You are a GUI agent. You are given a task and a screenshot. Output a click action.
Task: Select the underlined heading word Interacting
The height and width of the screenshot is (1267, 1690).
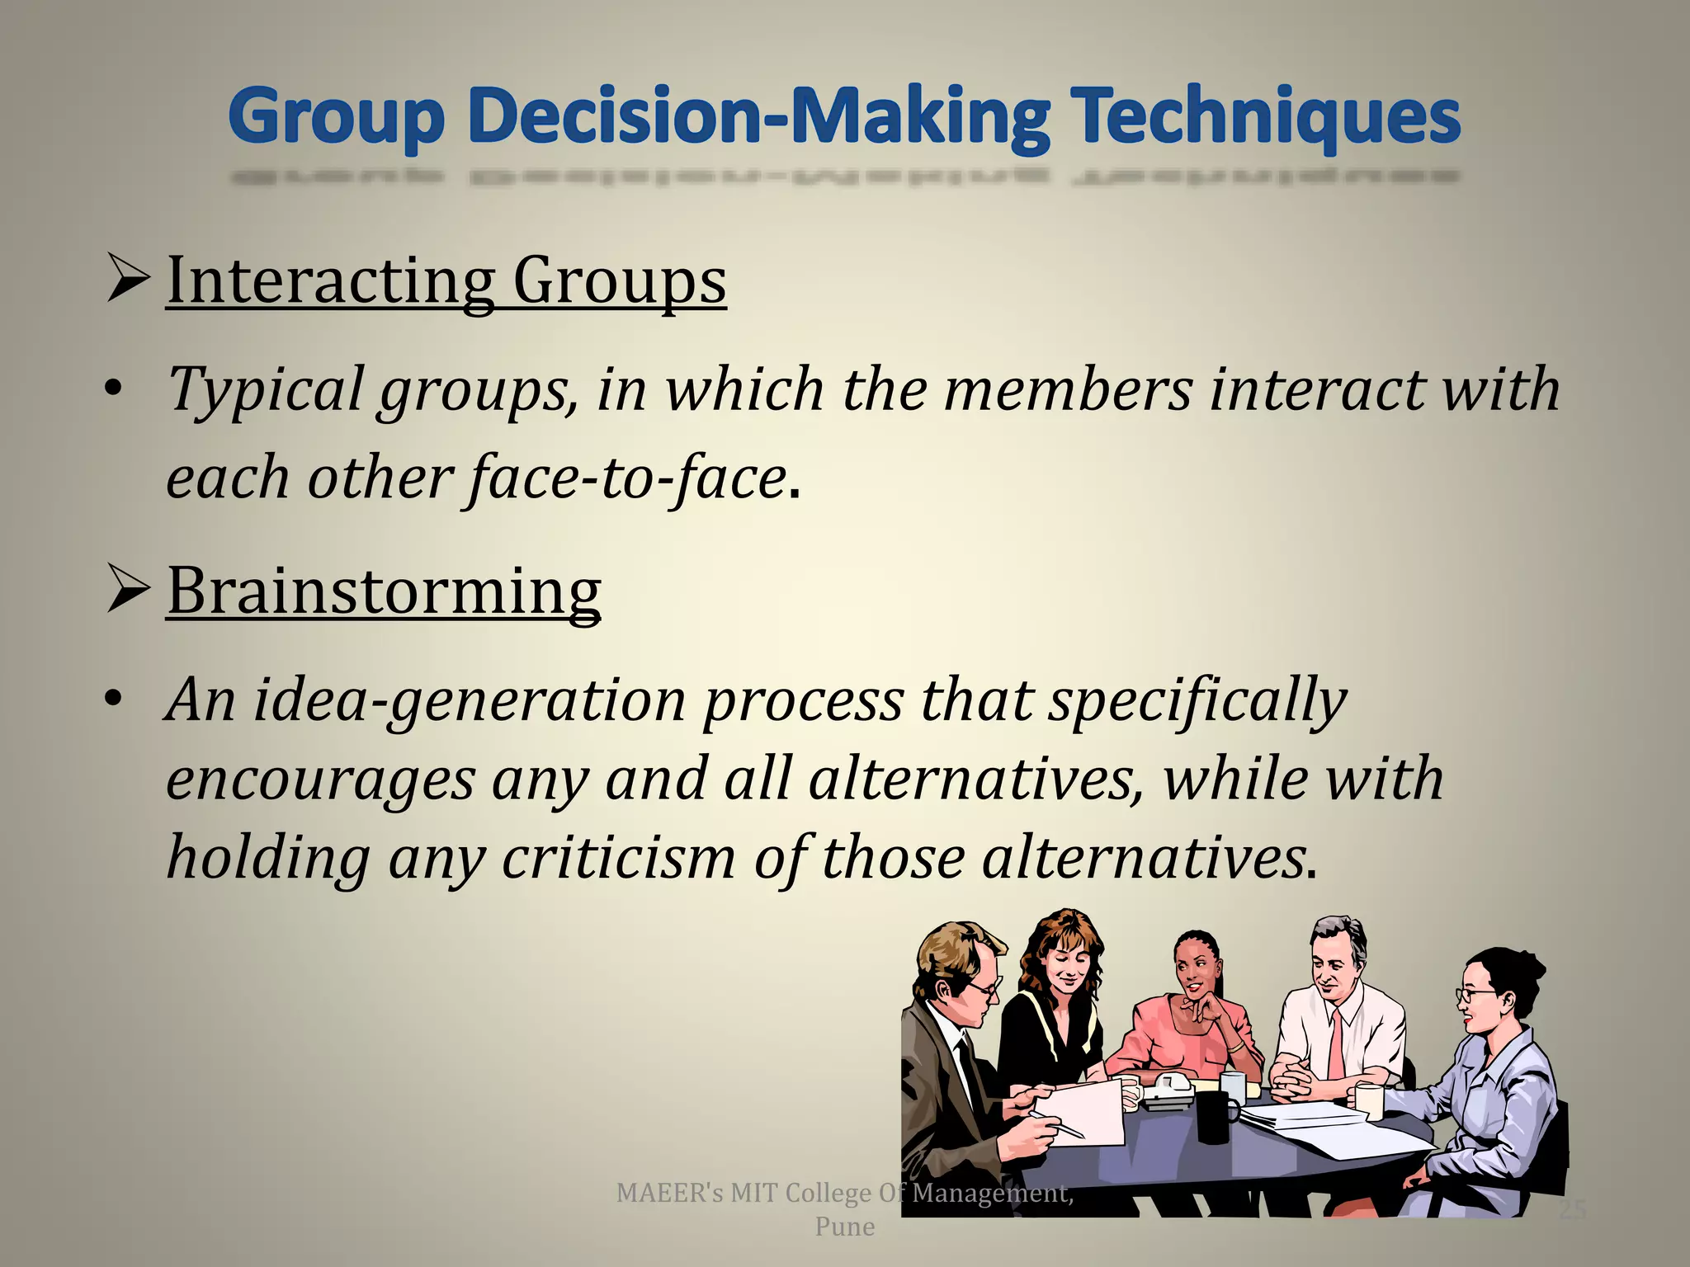point(331,281)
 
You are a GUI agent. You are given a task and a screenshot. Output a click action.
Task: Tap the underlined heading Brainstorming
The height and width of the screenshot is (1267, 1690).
point(384,591)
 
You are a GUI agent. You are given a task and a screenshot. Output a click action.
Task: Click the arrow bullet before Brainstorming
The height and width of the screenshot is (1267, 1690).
point(128,591)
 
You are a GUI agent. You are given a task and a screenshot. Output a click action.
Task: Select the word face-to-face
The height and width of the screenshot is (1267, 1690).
point(627,478)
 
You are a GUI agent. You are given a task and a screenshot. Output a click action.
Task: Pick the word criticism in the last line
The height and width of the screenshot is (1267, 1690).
point(618,858)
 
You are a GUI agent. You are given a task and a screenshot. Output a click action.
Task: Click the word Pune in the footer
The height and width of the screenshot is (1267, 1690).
point(844,1227)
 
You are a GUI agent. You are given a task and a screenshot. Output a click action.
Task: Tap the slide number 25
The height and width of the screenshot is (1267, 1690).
point(1572,1210)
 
